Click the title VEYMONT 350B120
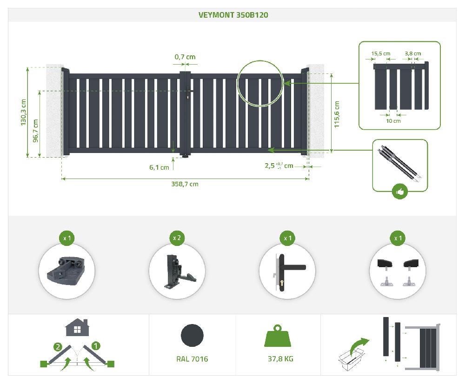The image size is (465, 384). point(233,15)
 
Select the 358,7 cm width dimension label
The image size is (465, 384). point(185,184)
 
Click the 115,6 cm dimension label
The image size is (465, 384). point(337,114)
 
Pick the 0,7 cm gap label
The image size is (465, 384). point(185,57)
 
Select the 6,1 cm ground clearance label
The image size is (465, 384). point(159,167)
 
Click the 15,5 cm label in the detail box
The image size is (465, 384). point(381,53)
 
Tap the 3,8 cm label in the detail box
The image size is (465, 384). point(413,53)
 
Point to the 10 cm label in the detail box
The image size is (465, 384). point(393,121)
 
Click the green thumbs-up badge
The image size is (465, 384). point(400,191)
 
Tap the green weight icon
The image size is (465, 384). point(278,336)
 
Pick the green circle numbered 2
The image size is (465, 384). point(58,346)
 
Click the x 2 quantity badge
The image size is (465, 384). point(177,238)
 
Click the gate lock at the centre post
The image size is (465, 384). point(186,97)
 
